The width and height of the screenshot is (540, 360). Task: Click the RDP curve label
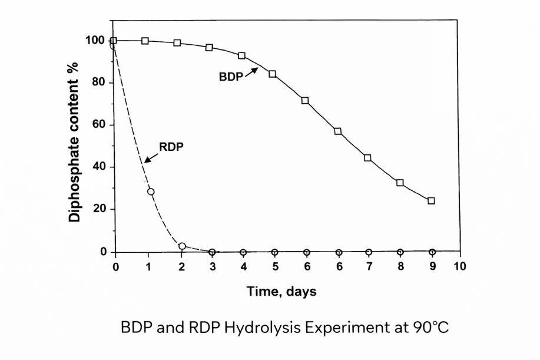pos(171,147)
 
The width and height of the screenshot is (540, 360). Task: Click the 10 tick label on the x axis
pos(459,266)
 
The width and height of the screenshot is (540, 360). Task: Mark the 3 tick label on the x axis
pos(211,266)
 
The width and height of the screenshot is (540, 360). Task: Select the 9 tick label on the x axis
pos(432,266)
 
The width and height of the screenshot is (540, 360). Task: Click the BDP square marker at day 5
pos(273,74)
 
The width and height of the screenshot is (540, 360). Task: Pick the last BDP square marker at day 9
pos(431,201)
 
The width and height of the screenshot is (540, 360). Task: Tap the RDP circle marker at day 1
pos(151,191)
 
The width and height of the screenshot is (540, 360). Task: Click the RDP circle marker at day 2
pos(182,246)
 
